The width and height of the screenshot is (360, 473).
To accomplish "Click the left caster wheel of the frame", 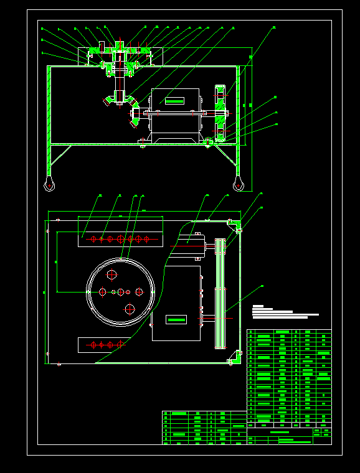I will click(x=49, y=184).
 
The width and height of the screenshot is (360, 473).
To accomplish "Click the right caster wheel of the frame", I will click(x=238, y=184).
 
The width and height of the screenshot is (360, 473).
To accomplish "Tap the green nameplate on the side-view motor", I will click(x=174, y=100).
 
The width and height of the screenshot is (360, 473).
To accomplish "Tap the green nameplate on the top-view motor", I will click(x=176, y=319).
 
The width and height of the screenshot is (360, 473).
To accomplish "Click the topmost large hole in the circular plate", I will click(x=112, y=274).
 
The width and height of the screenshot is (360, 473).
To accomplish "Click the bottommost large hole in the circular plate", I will click(x=130, y=308).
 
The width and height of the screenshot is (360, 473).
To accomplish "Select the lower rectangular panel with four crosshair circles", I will click(x=100, y=344).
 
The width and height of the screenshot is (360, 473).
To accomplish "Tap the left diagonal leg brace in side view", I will click(x=60, y=156).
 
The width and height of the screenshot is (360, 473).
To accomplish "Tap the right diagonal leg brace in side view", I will click(x=228, y=156).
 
